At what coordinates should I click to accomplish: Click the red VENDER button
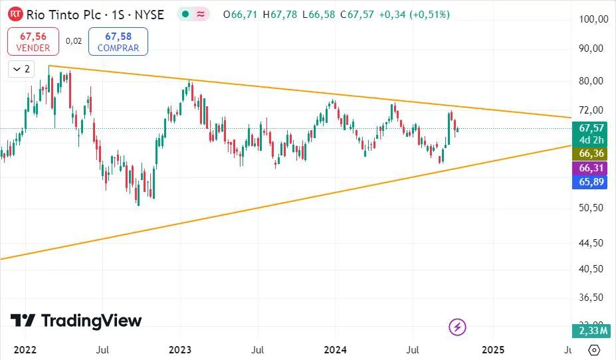pos(33,41)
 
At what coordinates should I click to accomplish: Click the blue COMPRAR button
pos(118,41)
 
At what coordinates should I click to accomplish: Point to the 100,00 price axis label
pos(593,19)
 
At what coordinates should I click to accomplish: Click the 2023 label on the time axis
pos(180,349)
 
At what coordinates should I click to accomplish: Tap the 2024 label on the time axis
pos(336,349)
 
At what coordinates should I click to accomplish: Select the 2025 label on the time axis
pos(492,349)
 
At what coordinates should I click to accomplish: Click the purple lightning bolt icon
pos(458,327)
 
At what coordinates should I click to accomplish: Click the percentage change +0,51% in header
pos(425,14)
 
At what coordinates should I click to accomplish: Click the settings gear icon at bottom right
pos(594,349)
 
